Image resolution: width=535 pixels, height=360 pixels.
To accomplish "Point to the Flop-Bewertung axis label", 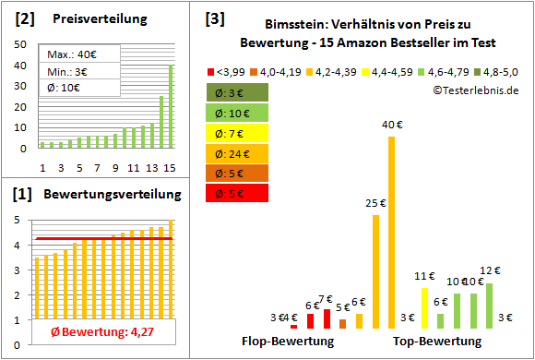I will pos(288,342).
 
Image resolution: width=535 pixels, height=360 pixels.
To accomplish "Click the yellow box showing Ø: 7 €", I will pos(237,132).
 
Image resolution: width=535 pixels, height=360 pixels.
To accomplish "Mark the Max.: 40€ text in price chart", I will pos(68,54).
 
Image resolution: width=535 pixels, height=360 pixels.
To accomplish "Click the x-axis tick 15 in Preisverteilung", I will pos(170,167).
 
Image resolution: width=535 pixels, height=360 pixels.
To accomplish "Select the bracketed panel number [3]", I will pos(214,18).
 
